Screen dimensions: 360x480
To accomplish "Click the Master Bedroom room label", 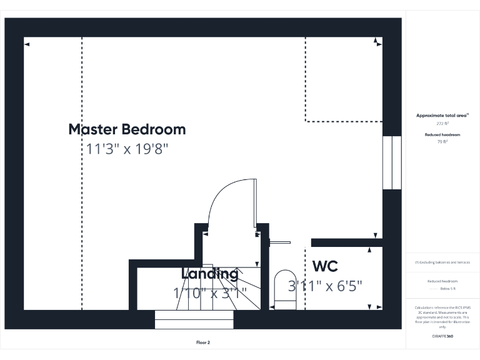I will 127,129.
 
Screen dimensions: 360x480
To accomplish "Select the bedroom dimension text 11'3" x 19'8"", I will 127,149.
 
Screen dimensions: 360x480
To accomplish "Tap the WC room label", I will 325,266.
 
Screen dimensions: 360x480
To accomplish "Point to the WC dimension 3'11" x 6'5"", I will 325,286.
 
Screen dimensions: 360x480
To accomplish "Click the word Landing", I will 209,274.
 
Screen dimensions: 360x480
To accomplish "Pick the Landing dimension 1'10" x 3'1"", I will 209,291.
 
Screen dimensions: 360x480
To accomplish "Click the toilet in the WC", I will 285,288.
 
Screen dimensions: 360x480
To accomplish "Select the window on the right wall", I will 391,162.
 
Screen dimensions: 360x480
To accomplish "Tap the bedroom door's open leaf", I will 255,204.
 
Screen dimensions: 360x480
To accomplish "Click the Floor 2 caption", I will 203,342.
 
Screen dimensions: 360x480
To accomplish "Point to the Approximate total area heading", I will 442,116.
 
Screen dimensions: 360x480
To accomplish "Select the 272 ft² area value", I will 442,124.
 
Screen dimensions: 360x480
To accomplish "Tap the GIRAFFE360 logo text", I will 442,337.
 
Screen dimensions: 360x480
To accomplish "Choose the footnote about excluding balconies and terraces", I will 442,262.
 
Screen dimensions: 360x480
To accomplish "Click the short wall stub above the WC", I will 347,242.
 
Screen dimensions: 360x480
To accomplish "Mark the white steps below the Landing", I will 194,319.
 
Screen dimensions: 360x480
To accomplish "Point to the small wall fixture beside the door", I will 281,242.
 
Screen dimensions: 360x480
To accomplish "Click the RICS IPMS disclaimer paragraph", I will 442,317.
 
